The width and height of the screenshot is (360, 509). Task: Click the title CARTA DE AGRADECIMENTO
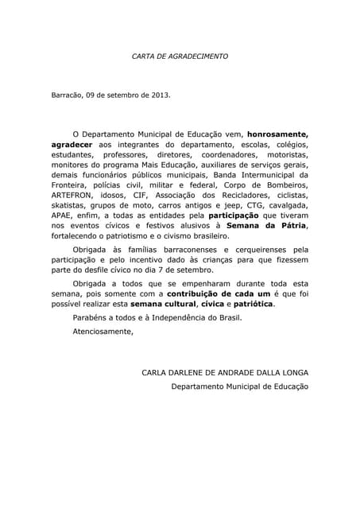[x=180, y=56]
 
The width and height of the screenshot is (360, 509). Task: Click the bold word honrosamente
[x=277, y=134]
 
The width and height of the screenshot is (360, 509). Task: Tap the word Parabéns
[x=90, y=317]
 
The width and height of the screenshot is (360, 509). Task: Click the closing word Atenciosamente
[x=103, y=331]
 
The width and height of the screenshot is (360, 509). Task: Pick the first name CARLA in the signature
[x=155, y=372]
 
